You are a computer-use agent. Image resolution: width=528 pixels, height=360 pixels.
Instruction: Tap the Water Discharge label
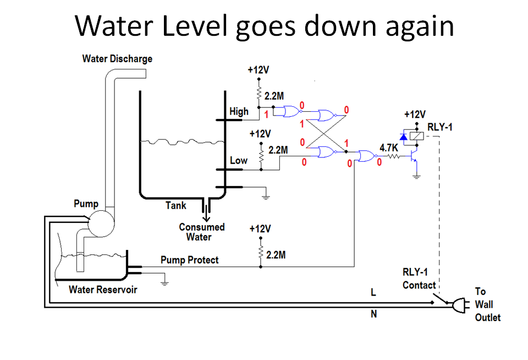[x=117, y=58]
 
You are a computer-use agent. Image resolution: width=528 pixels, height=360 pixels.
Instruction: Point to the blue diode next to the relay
[x=404, y=136]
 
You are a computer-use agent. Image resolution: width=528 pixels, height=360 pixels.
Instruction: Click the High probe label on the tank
[x=239, y=111]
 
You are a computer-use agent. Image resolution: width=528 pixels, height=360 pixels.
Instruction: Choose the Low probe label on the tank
[x=239, y=161]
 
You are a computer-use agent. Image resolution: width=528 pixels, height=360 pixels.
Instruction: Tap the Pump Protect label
[x=189, y=259]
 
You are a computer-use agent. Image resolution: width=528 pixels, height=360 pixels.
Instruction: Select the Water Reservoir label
[x=103, y=290]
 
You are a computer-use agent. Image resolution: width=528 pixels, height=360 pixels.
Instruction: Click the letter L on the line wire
[x=373, y=293]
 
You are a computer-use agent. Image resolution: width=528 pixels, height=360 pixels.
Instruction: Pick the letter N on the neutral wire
[x=373, y=315]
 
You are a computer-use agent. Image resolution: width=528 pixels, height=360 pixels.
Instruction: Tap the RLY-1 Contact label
[x=419, y=279]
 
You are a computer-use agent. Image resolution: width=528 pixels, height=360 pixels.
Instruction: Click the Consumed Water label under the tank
[x=201, y=232]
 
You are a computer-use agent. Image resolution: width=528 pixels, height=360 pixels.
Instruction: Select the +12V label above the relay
[x=415, y=114]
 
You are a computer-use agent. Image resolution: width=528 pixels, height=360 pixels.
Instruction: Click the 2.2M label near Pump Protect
[x=277, y=255]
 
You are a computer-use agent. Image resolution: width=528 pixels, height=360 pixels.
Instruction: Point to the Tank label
[x=176, y=205]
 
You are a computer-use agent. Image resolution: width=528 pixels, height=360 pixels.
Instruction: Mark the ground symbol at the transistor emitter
[x=416, y=176]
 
